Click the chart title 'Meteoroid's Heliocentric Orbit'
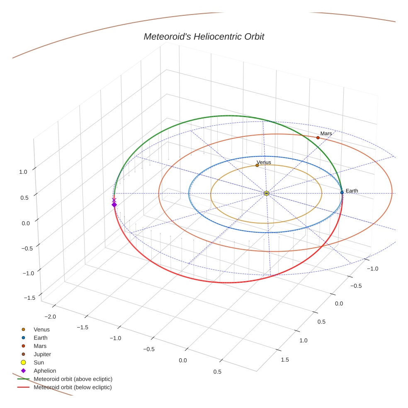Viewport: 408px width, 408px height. click(x=204, y=36)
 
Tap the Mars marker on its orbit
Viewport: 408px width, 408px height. click(x=318, y=138)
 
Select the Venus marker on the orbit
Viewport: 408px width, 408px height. click(x=257, y=165)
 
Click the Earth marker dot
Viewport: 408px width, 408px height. click(x=342, y=192)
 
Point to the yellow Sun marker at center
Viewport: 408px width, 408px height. click(x=266, y=193)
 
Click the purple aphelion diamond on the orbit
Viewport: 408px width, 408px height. click(x=114, y=204)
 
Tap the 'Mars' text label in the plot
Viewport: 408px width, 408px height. click(x=326, y=134)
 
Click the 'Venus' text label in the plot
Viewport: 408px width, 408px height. click(x=264, y=162)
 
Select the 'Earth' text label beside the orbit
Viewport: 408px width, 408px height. click(x=352, y=191)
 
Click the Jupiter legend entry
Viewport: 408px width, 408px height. click(x=42, y=354)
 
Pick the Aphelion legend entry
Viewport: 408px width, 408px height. click(x=45, y=371)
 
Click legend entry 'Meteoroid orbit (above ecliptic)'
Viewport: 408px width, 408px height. click(x=73, y=379)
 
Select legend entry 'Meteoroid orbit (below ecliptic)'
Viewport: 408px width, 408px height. click(x=73, y=387)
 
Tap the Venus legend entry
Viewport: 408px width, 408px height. click(x=41, y=329)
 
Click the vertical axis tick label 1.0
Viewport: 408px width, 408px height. click(x=23, y=172)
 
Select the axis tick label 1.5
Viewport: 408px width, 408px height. click(x=285, y=359)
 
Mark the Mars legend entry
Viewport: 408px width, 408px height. click(x=40, y=346)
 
